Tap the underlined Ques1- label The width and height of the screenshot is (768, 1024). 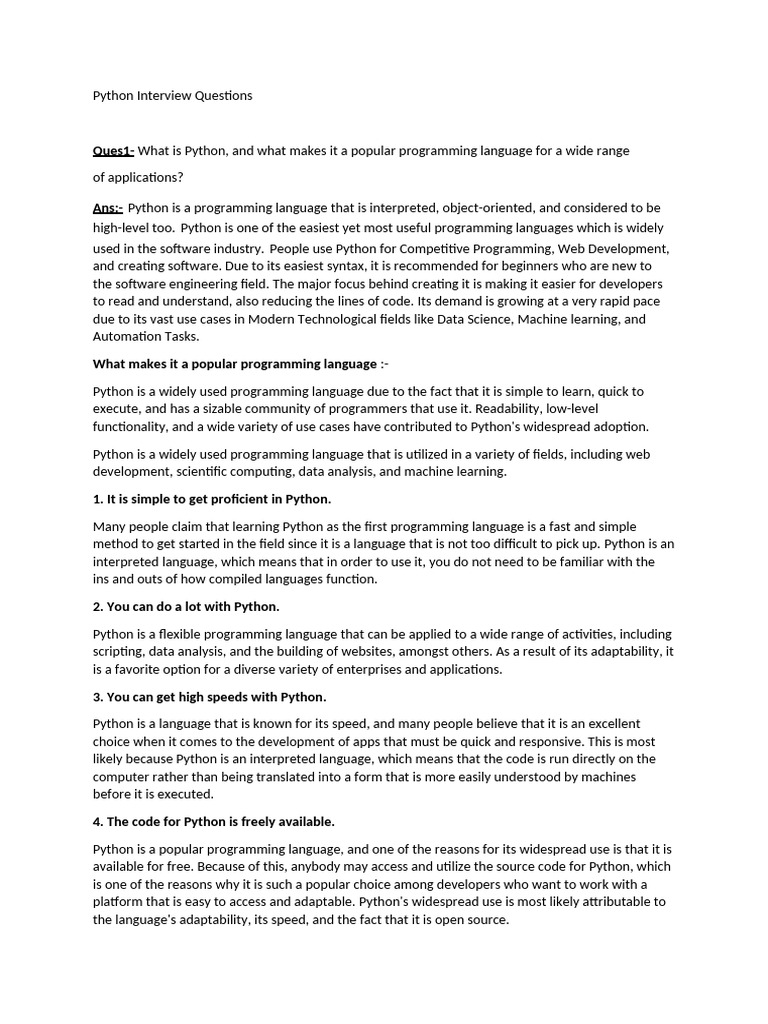point(113,151)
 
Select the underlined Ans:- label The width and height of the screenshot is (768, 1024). point(108,208)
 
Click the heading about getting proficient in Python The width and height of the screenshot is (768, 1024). point(212,499)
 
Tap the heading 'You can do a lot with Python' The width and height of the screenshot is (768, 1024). point(186,607)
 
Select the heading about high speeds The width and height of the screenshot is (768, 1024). point(210,697)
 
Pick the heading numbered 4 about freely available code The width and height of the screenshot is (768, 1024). point(214,822)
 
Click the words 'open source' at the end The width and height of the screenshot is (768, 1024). point(474,920)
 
